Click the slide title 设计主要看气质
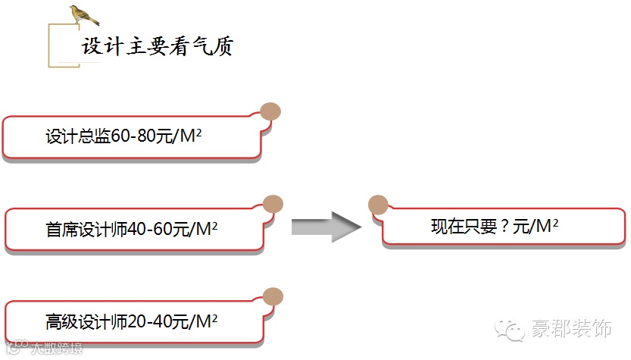tap(157, 47)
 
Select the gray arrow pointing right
tap(325, 227)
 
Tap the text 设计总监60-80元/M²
tap(127, 137)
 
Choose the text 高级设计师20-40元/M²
tap(131, 321)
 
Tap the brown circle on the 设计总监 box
tap(270, 111)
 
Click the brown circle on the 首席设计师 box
tap(273, 204)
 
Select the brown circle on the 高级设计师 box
tap(273, 296)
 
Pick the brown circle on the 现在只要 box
tap(377, 204)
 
